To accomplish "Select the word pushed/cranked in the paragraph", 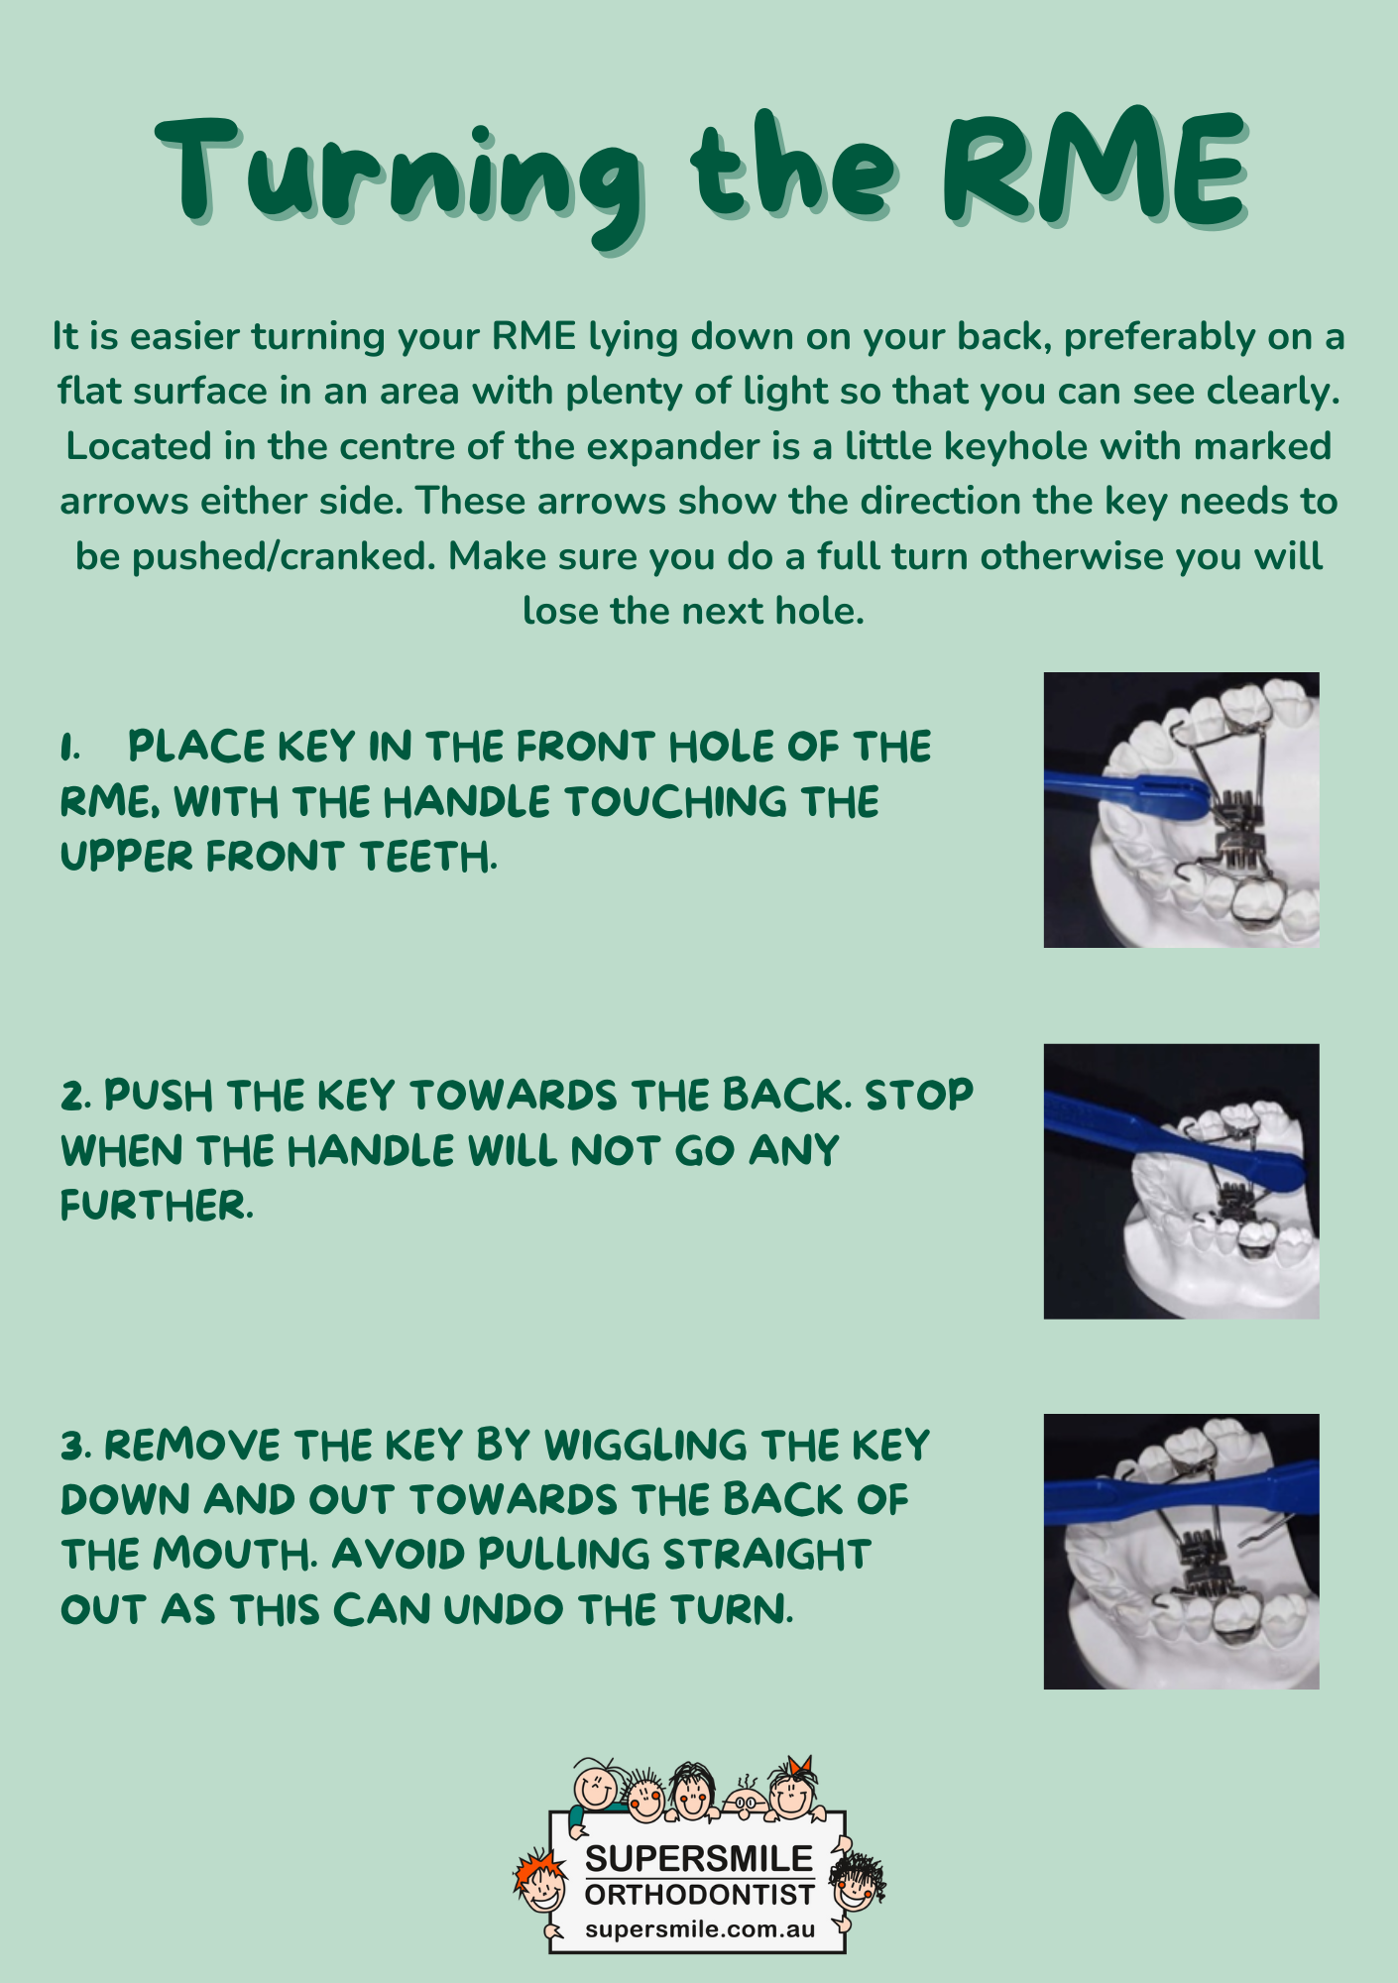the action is coord(284,557).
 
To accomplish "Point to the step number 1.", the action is coord(69,748).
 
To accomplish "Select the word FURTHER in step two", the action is coord(157,1207).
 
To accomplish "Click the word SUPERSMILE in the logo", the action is coord(699,1859).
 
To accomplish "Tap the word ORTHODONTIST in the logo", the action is coord(699,1896).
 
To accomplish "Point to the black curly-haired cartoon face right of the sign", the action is coord(857,1882).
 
